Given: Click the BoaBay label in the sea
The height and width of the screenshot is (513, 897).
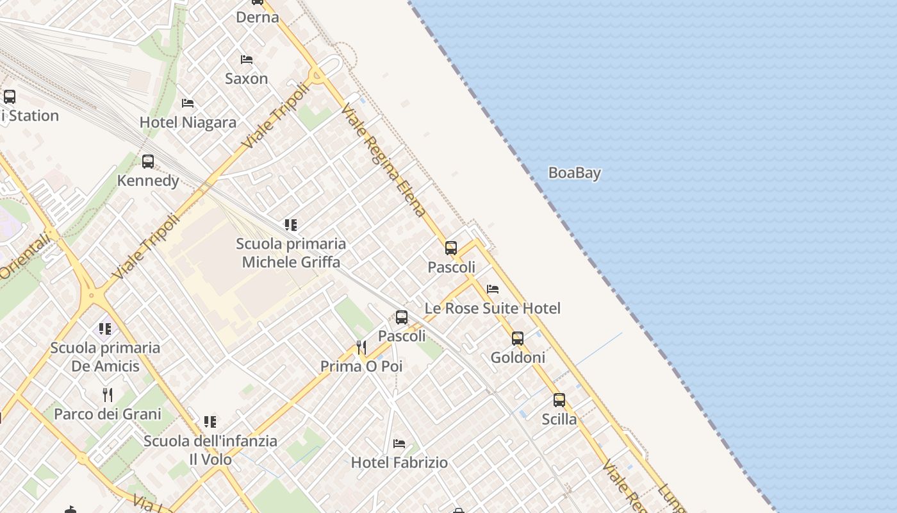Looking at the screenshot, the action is (x=575, y=173).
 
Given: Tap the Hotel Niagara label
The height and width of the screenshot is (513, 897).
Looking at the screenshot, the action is (x=188, y=122).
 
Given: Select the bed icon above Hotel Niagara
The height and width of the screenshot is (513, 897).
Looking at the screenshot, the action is (x=188, y=103).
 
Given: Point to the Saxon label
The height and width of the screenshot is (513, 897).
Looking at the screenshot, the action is (x=246, y=79).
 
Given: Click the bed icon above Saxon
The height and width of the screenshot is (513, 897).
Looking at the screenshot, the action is (x=247, y=60).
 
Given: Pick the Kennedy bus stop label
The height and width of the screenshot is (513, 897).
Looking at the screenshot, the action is (x=148, y=181).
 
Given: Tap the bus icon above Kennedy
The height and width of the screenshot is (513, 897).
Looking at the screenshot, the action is (x=148, y=162).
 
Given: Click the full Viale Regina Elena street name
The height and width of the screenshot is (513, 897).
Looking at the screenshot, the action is (x=384, y=160).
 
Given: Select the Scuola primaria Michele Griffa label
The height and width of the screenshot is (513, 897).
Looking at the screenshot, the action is (x=291, y=253).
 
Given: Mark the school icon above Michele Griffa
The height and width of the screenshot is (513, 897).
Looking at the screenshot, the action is (x=291, y=225).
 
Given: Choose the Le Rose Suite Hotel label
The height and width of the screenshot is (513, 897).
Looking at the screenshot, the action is (x=492, y=308).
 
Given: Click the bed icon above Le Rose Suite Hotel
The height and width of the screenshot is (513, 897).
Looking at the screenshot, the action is (x=493, y=289).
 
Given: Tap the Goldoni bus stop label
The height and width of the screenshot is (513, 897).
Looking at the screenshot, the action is (x=518, y=358).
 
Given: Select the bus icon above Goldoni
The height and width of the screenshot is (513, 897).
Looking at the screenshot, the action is (x=518, y=339).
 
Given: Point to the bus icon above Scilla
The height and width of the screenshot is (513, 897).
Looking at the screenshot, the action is (x=559, y=400).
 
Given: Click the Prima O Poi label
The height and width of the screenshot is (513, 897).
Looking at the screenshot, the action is (x=361, y=367).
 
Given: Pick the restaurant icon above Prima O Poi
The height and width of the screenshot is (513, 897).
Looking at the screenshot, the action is (x=361, y=348).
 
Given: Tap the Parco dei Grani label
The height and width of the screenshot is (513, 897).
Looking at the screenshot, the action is (x=108, y=414).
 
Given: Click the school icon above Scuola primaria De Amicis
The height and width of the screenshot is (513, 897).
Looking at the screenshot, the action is (x=105, y=329).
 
